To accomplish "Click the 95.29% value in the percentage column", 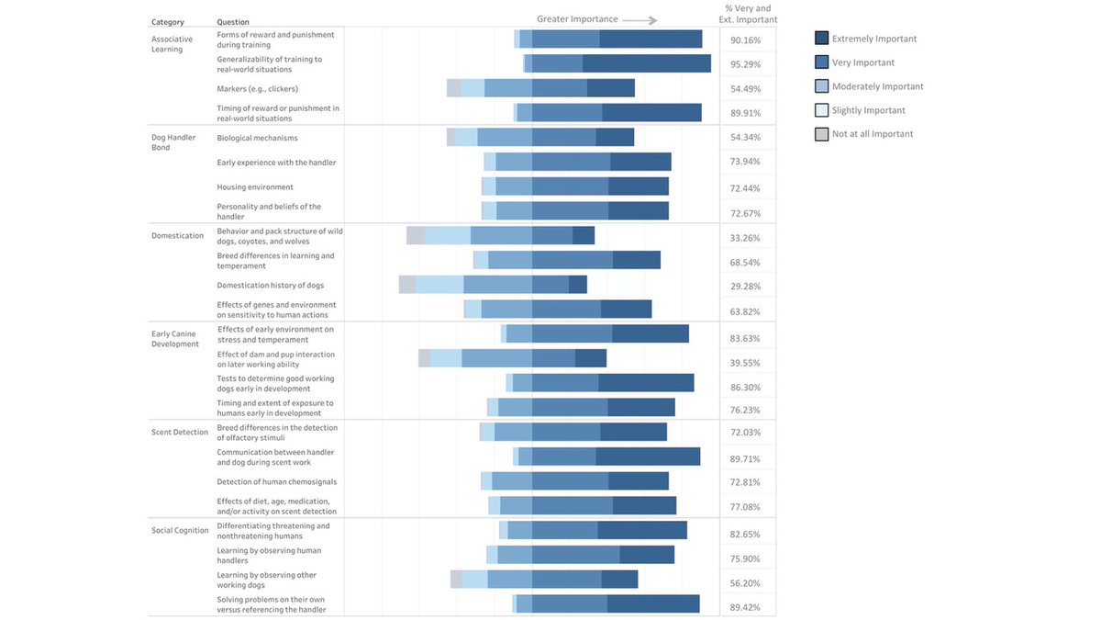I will (x=746, y=64).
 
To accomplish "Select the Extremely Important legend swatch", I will (x=822, y=39).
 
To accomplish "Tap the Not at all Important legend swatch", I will (x=822, y=134).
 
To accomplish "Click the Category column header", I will (x=168, y=22).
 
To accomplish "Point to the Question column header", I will (x=233, y=22).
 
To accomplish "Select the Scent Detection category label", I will (x=180, y=432).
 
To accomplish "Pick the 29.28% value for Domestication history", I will (x=746, y=287).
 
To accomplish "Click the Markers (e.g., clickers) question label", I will (x=257, y=89).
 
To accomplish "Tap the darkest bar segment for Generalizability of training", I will (x=646, y=63).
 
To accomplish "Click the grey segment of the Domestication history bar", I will (x=407, y=285).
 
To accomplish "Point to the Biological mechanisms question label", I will (x=257, y=138).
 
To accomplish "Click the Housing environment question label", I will (x=255, y=187).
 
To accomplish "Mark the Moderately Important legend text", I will (x=877, y=86).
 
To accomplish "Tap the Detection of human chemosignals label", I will (x=276, y=481).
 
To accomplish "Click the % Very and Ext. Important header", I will (x=748, y=14).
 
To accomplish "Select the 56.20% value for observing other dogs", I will (x=746, y=583).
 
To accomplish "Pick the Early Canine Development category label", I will (x=174, y=338).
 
